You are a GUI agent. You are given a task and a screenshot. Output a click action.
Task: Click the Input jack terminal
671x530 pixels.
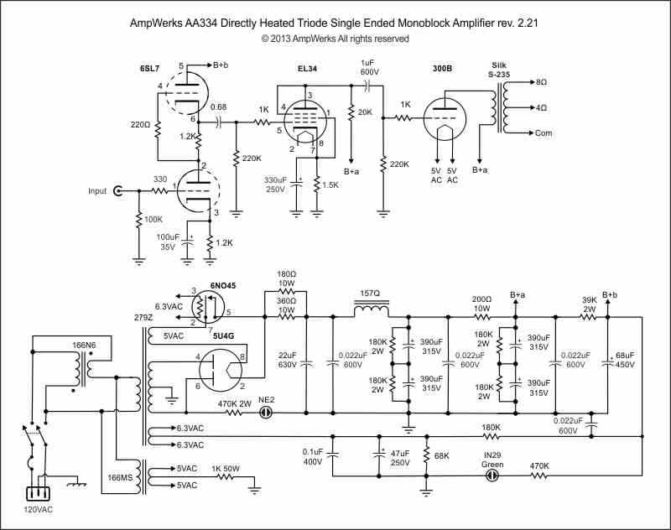coord(118,191)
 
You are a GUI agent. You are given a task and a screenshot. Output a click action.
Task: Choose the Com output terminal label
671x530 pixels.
coord(544,133)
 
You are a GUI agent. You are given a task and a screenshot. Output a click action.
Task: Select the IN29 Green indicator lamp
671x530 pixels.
coord(492,475)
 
